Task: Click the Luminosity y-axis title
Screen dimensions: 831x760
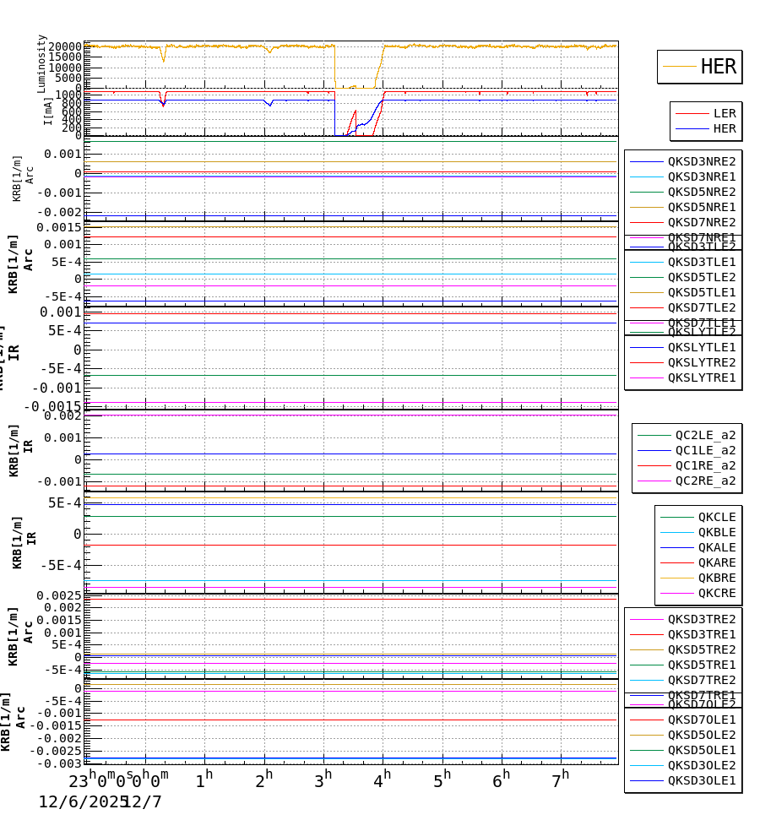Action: coord(41,63)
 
